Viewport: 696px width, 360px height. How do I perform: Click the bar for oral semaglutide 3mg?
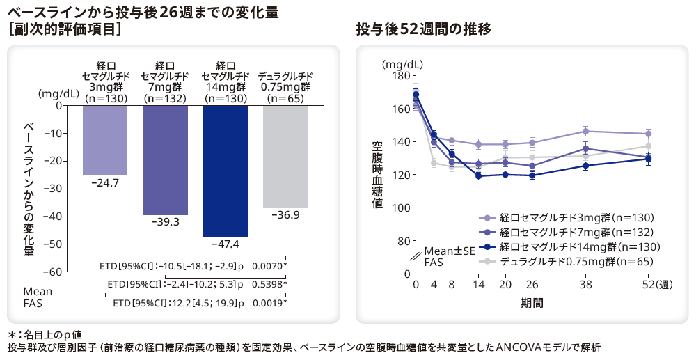(105, 140)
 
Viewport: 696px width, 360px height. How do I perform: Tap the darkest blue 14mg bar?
(225, 171)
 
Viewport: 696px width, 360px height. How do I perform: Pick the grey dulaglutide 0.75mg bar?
(285, 157)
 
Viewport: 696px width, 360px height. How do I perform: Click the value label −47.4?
(225, 244)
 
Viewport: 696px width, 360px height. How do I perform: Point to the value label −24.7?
(105, 182)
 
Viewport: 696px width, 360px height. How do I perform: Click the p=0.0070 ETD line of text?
(193, 266)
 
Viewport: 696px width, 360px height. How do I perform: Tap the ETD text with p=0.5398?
(197, 284)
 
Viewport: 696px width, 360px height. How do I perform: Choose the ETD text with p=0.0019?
(200, 303)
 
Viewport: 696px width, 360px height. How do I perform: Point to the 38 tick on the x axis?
(585, 285)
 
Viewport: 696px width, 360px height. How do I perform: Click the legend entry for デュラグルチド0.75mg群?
(569, 261)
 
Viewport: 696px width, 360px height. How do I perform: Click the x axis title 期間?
(532, 303)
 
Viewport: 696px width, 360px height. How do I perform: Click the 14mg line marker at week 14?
(479, 176)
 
